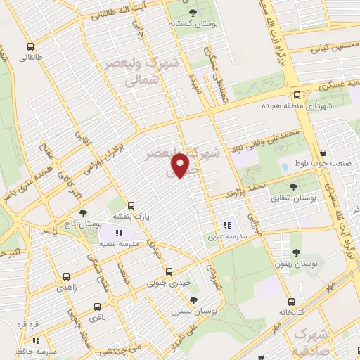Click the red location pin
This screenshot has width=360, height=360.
coord(181,165)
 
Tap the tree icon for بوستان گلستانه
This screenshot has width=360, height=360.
coord(194,13)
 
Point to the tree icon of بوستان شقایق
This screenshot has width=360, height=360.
coord(293,186)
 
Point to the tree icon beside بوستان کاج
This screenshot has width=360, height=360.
coord(84,212)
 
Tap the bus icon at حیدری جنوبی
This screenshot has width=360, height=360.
coord(168,271)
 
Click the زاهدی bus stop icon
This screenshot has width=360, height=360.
coord(66,276)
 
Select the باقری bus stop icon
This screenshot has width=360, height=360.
coord(96,306)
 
